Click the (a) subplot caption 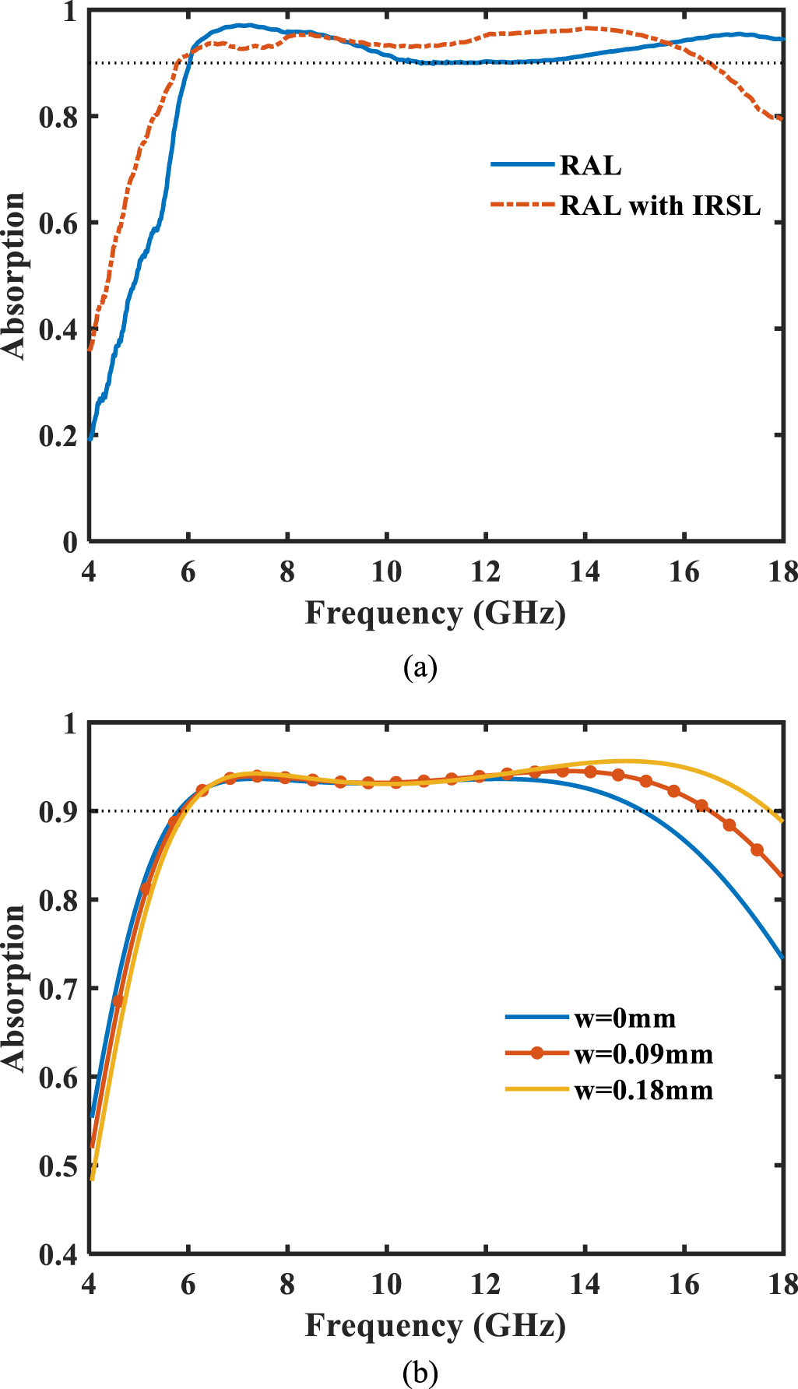(x=420, y=667)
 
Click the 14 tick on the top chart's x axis (x=584, y=572)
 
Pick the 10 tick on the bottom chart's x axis (x=386, y=1284)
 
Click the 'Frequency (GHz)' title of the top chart (x=434, y=614)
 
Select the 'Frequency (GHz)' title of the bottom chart (x=434, y=1325)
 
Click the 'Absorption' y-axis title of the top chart (x=14, y=276)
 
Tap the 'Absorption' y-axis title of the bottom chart (x=14, y=989)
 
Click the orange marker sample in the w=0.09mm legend (x=536, y=1053)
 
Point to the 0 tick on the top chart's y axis (x=70, y=543)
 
